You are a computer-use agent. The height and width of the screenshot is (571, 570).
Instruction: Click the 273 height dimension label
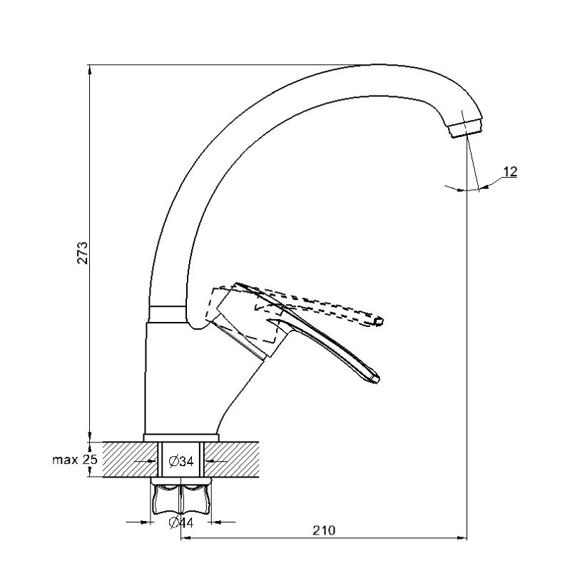(82, 252)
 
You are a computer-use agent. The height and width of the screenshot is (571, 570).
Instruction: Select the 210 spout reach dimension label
(324, 530)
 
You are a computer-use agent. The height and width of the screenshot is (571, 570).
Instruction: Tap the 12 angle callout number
(510, 171)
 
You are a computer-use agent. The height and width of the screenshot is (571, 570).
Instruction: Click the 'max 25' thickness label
(75, 460)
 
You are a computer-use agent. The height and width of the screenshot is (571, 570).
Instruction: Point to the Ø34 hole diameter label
(181, 462)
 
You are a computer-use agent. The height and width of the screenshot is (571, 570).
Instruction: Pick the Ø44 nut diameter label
(181, 523)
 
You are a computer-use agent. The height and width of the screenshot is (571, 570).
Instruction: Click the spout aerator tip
(467, 130)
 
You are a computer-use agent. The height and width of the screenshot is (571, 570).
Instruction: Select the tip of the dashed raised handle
(379, 321)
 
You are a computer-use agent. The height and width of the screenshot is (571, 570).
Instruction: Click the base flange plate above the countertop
(181, 438)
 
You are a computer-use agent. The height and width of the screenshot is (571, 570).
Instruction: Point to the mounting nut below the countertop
(181, 497)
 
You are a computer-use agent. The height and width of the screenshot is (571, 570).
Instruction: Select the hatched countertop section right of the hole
(231, 459)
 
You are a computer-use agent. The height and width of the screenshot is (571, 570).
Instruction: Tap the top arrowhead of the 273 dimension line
(90, 69)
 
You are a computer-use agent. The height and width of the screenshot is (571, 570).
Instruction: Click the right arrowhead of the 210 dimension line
(462, 537)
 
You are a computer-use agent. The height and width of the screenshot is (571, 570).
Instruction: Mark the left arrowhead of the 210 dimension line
(185, 537)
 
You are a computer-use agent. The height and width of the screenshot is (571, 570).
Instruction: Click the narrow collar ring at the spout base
(168, 314)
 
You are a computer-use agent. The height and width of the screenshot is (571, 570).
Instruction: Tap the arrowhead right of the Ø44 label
(216, 522)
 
